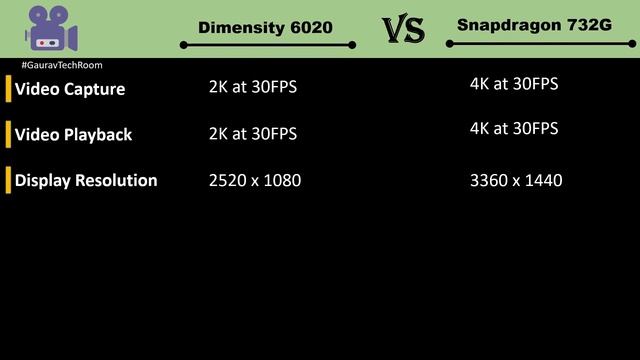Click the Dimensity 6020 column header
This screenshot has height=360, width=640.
tap(265, 27)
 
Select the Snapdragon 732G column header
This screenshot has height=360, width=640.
tap(533, 25)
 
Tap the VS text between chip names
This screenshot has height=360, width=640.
tap(404, 30)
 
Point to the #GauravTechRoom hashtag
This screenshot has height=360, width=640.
tap(61, 65)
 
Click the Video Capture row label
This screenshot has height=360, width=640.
tap(70, 89)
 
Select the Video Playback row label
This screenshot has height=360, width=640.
tap(73, 134)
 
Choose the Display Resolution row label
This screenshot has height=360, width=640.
tap(86, 181)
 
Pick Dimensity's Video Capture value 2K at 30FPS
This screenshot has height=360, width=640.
tap(253, 87)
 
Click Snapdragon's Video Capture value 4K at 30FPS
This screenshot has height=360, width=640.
tap(514, 84)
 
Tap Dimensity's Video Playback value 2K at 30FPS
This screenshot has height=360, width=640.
tap(253, 133)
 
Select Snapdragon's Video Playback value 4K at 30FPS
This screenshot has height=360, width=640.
tap(514, 129)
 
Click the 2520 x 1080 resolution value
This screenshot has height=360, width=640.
tap(255, 181)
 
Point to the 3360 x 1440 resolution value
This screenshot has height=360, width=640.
tap(516, 181)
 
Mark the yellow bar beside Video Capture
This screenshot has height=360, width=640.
tap(9, 89)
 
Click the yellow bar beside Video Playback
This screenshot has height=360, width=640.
tap(9, 134)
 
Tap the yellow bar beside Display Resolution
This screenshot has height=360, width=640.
tap(9, 181)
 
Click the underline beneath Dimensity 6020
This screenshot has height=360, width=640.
tap(267, 45)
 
